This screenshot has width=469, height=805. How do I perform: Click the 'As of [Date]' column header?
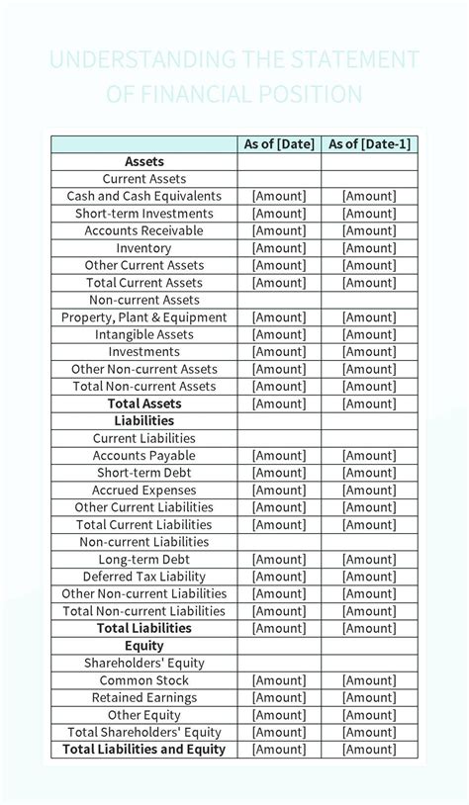pyautogui.click(x=279, y=144)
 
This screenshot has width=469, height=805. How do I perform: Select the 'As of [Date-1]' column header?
pyautogui.click(x=369, y=144)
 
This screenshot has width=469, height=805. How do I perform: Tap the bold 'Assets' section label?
pyautogui.click(x=144, y=161)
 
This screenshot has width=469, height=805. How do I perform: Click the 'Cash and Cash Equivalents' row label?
pyautogui.click(x=144, y=196)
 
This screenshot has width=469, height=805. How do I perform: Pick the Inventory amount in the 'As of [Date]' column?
pyautogui.click(x=279, y=248)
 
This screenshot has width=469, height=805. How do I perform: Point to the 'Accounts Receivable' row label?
pyautogui.click(x=144, y=230)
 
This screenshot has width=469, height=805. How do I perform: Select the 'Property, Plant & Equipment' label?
pyautogui.click(x=144, y=317)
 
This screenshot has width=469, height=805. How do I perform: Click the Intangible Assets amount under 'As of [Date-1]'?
pyautogui.click(x=369, y=334)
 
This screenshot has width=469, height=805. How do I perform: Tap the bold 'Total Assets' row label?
pyautogui.click(x=144, y=403)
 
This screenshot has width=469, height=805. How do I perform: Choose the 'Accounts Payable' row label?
pyautogui.click(x=144, y=456)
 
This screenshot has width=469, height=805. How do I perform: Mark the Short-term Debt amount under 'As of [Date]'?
pyautogui.click(x=279, y=473)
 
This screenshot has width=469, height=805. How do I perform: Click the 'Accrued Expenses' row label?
pyautogui.click(x=144, y=491)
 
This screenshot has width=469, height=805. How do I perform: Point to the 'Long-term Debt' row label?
pyautogui.click(x=144, y=560)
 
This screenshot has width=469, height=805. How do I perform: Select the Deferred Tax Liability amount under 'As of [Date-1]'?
pyautogui.click(x=369, y=577)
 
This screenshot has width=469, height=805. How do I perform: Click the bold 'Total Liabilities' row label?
pyautogui.click(x=144, y=628)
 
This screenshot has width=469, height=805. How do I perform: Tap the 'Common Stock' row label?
pyautogui.click(x=144, y=680)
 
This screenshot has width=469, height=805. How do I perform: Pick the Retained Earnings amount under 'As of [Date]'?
pyautogui.click(x=279, y=698)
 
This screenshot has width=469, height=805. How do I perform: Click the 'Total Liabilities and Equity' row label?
pyautogui.click(x=144, y=750)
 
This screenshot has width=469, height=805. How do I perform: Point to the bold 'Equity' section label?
pyautogui.click(x=144, y=646)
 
